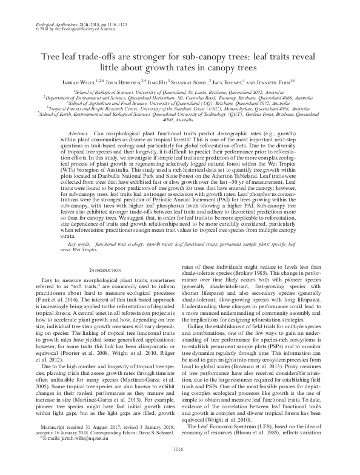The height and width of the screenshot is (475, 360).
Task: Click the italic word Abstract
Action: (x=79, y=132)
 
